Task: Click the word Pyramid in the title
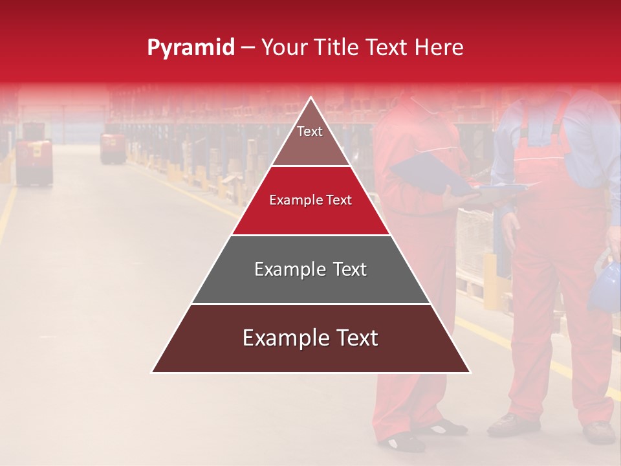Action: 190,48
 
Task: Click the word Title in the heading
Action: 339,47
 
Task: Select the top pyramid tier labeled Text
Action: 310,136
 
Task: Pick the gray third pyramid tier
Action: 310,270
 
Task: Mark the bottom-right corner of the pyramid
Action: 469,372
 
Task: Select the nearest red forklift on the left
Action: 33,162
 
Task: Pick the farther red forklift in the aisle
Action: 112,148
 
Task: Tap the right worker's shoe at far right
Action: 599,432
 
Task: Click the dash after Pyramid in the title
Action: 248,48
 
